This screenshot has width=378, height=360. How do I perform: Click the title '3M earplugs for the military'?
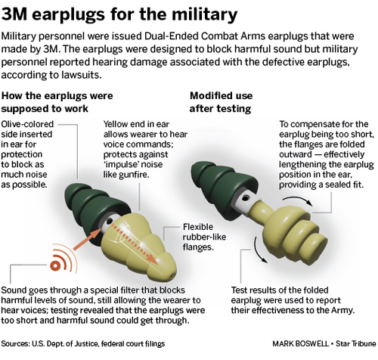point(119,14)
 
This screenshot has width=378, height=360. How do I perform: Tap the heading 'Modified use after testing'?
point(221,102)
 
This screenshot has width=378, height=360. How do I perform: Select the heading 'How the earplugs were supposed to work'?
point(57,102)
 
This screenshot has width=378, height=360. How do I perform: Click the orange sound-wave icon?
point(63,259)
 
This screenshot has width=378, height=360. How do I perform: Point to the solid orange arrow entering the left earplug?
point(87,239)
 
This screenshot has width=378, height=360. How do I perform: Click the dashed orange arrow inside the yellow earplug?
point(135,244)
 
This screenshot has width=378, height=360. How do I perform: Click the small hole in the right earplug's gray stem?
point(245,199)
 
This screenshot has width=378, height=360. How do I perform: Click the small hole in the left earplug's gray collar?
point(110,222)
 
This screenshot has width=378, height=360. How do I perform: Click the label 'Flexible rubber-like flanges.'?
point(204,237)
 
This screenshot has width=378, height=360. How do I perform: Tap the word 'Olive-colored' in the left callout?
point(27,124)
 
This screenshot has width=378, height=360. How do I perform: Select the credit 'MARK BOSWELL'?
point(300,343)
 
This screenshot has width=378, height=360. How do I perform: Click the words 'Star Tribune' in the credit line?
point(355,343)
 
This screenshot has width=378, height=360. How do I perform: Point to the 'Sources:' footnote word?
point(15,343)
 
